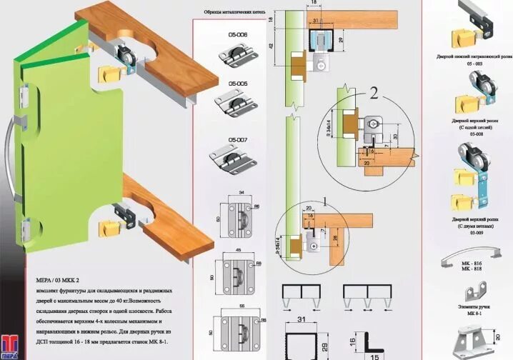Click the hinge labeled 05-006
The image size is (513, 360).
(x=232, y=54)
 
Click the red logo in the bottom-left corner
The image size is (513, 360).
(x=9, y=344)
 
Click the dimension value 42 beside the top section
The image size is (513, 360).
(x=272, y=45)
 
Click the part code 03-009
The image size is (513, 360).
(x=474, y=232)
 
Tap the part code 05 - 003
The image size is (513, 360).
(x=474, y=64)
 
